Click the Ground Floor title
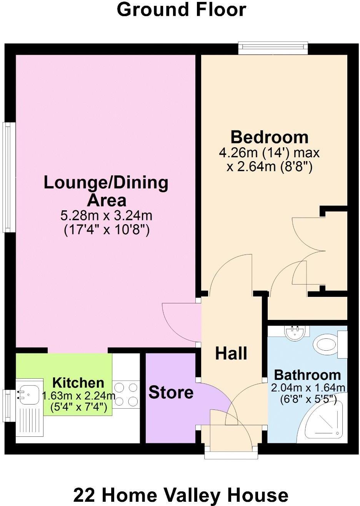tap(181, 9)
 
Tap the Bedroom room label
tap(269, 137)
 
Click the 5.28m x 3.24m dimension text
tap(106, 215)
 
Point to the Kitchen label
tap(78, 383)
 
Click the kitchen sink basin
tap(29, 394)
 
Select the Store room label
tap(171, 393)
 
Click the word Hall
tap(231, 353)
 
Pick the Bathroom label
tap(307, 375)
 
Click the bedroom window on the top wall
tap(273, 48)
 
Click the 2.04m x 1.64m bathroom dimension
tap(308, 388)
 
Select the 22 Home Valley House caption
tap(180, 495)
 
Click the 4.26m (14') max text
tap(269, 153)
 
